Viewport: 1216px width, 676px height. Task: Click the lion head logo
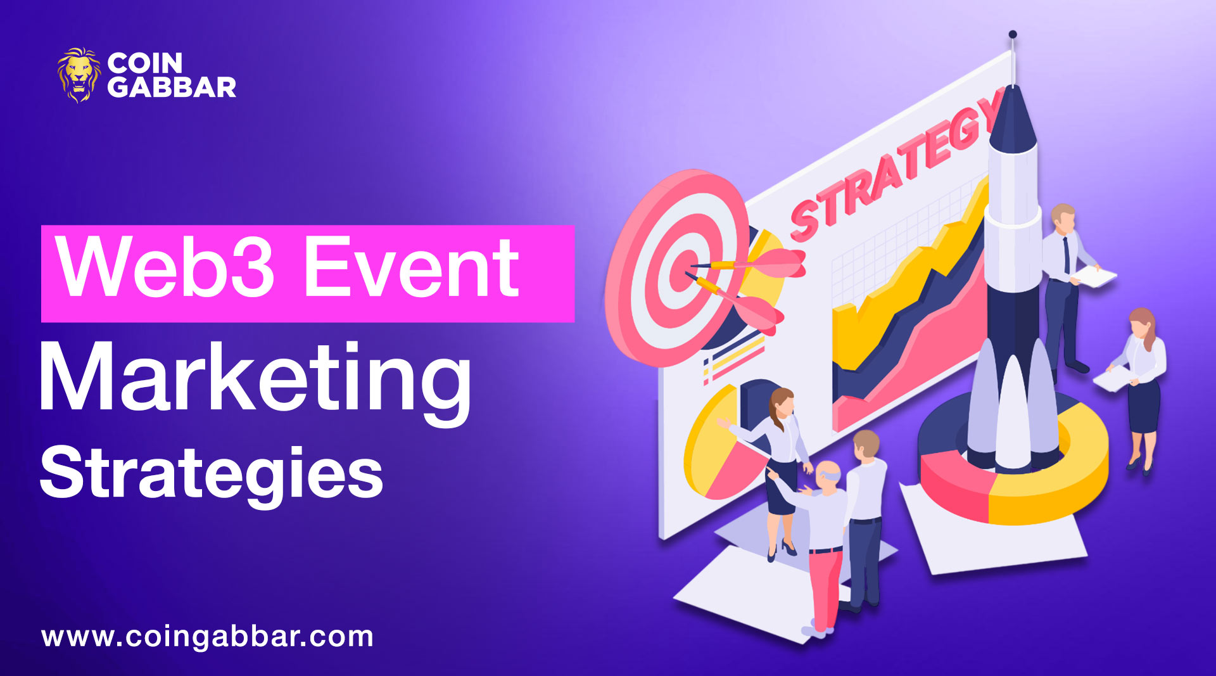79,75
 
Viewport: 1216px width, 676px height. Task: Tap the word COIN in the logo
144,63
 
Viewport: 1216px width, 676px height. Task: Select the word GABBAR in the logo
171,87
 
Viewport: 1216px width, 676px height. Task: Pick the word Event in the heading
412,267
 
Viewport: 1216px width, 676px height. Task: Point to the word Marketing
255,379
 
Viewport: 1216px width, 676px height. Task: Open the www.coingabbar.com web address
208,637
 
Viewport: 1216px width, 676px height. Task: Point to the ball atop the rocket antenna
1013,34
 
